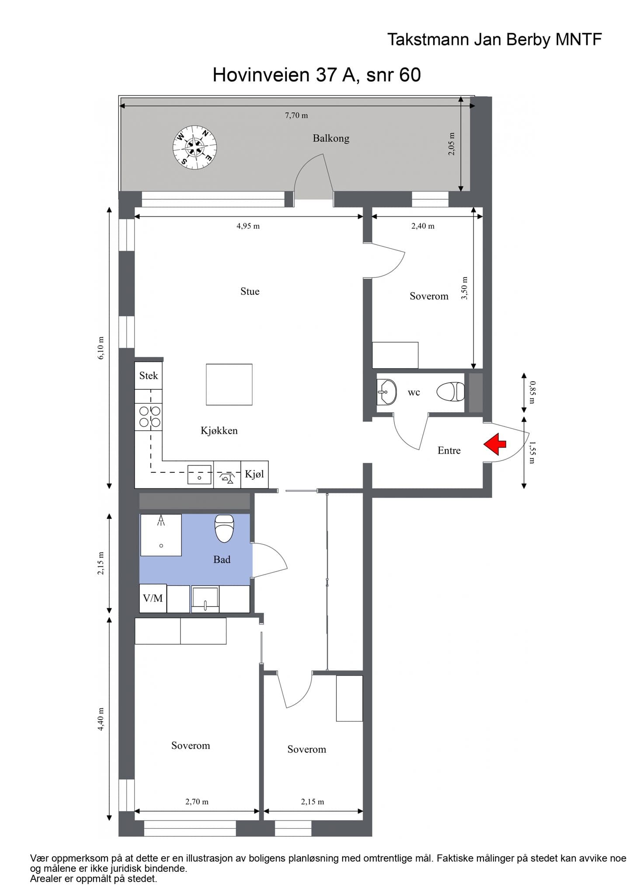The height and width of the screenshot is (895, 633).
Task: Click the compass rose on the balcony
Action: tap(195, 147)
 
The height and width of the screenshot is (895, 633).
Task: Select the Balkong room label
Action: tap(331, 139)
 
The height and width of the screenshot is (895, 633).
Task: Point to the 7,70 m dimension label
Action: tap(296, 115)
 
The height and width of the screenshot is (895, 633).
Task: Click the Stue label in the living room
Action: tap(250, 291)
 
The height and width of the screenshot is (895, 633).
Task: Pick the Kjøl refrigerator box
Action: tap(254, 474)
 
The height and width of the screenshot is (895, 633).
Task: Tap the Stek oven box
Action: tap(149, 375)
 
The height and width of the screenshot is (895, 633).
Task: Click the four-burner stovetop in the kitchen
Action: tap(149, 416)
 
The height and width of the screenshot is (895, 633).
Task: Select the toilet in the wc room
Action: tap(450, 391)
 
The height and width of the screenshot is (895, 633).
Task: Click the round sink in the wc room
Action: tap(386, 392)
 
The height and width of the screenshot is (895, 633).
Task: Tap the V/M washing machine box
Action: tap(153, 598)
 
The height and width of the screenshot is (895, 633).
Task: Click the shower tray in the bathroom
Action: tap(160, 535)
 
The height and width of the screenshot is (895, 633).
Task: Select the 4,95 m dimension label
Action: tap(248, 226)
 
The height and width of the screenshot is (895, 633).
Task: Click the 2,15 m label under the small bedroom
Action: tap(313, 801)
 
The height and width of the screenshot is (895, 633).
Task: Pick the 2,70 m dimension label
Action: tap(197, 801)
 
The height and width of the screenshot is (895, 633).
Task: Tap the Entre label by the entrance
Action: tap(449, 451)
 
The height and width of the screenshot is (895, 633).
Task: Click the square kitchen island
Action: tap(229, 385)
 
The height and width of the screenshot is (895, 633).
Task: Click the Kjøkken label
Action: tap(219, 431)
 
